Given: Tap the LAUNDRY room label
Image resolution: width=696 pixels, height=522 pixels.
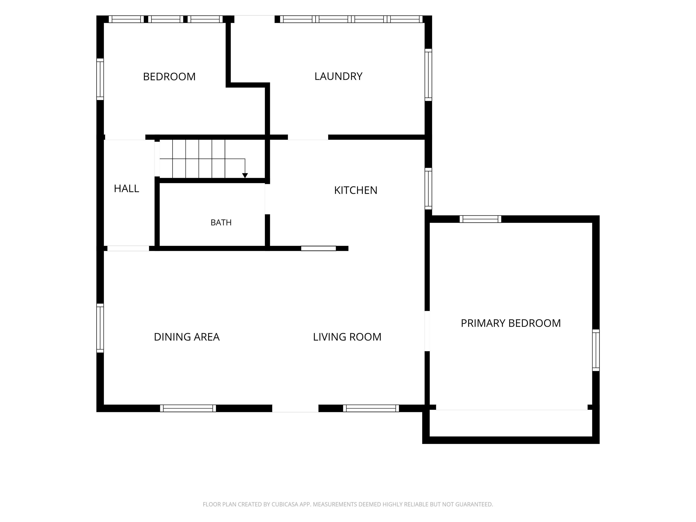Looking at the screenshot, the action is pos(338,76).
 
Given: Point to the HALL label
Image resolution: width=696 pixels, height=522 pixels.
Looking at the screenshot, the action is pos(126,189).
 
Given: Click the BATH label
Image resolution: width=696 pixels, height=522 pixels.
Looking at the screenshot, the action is pos(221,223).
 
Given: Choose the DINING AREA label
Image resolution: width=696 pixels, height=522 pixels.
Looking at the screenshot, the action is pos(187,337).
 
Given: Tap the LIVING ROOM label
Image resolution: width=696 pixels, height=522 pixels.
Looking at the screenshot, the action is pos(347,337).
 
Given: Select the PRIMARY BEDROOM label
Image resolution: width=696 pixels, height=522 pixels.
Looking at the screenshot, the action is pos(511,323).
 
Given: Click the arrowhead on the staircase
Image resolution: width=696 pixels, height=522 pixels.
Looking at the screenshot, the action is pos(245,176).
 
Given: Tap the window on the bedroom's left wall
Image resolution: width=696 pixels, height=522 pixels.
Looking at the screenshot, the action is pos(100,79).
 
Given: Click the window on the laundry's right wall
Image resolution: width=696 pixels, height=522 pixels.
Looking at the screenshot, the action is pos(428,75).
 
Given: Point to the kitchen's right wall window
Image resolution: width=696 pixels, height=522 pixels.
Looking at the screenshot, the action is pos(428,188).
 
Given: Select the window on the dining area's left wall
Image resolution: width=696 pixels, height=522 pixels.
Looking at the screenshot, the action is pos(100,328).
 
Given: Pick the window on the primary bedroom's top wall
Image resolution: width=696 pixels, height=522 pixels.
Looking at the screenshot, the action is pos(481,219).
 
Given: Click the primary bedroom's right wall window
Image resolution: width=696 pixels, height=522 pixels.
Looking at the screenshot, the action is pos(596,350).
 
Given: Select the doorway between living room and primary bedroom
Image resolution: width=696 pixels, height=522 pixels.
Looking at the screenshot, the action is pos(427,331).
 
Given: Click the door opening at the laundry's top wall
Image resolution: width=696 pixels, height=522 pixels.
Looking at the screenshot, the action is pos(255,19).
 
